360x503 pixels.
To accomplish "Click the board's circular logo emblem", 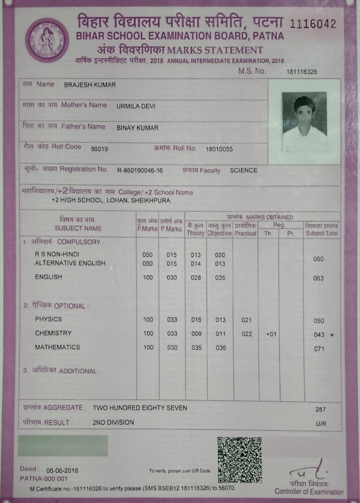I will coord(47,40).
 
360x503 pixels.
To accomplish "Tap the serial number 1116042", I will coord(313,24).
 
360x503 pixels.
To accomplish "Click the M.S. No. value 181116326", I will coord(302,72).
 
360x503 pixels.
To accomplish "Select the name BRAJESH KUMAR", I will coord(90,85).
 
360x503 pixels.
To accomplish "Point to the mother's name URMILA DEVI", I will coord(136,106).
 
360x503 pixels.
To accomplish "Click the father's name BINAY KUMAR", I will coord(137,128).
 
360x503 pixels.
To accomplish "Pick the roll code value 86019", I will coord(99,149).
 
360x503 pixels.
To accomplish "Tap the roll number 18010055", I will coord(219,149).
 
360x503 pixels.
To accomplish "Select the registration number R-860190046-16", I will coord(140,171).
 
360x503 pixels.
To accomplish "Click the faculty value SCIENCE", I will coord(243,171).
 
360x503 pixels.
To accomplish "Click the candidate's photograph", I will coord(304,122).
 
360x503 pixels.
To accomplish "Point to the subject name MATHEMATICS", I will coord(57,347).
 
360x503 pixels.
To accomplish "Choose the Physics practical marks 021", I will coord(247,320).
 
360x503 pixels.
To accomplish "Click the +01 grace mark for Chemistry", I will coord(271,334).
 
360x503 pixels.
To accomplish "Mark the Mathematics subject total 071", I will coord(319,349).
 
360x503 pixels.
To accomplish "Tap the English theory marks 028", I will coord(196,278).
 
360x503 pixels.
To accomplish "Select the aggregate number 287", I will coord(320,409).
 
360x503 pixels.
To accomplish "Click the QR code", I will coord(240,460).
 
